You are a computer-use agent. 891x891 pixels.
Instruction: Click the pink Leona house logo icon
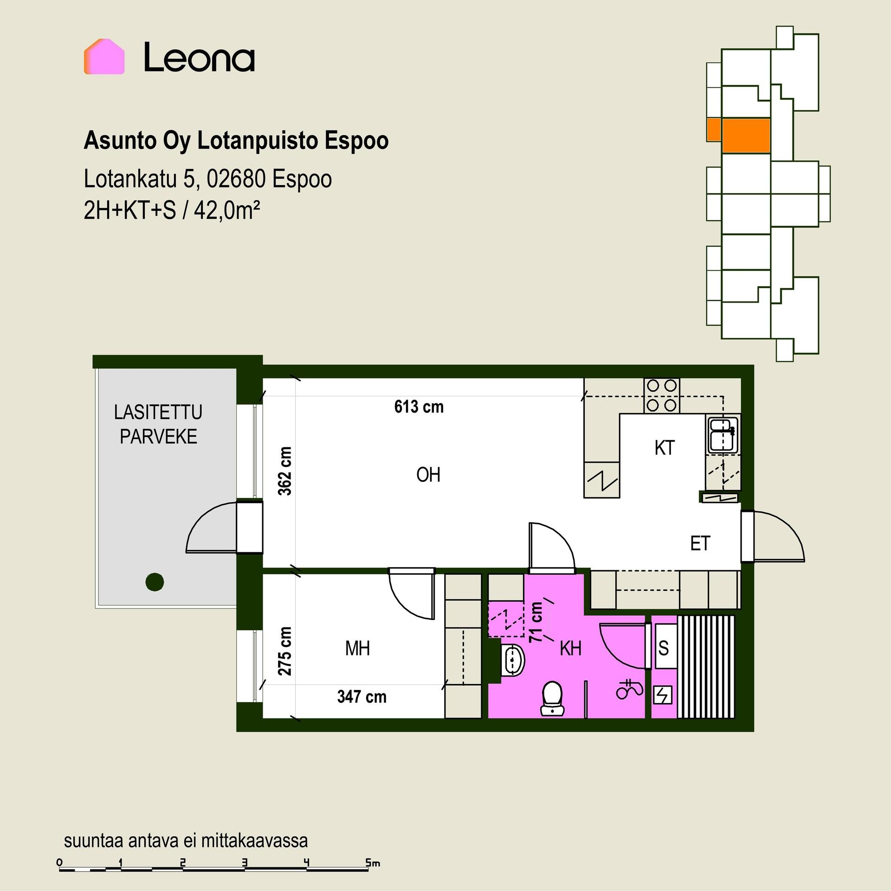(104, 57)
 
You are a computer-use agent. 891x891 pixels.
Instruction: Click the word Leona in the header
(200, 58)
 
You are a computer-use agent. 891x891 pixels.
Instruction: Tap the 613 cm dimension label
(419, 407)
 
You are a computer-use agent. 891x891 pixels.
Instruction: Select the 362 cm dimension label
(285, 471)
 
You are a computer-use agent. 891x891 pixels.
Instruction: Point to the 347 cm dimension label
(362, 697)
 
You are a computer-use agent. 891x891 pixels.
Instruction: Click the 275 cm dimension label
(285, 651)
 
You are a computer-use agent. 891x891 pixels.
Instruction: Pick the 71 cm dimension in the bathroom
(536, 622)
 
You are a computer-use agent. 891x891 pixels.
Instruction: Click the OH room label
(428, 475)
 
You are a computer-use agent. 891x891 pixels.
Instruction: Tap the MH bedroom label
(357, 648)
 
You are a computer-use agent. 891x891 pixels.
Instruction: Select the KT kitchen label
(664, 448)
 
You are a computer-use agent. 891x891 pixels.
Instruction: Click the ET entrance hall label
(700, 543)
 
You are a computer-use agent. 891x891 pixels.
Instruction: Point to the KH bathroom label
(570, 648)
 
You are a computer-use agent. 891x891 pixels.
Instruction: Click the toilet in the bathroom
(552, 697)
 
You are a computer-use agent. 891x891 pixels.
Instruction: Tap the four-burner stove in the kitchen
(661, 395)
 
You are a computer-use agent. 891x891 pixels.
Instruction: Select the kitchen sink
(723, 434)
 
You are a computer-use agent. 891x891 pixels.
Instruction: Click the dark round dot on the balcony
(155, 581)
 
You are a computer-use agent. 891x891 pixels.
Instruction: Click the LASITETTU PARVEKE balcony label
(158, 424)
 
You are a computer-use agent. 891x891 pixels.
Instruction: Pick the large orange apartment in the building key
(746, 136)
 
